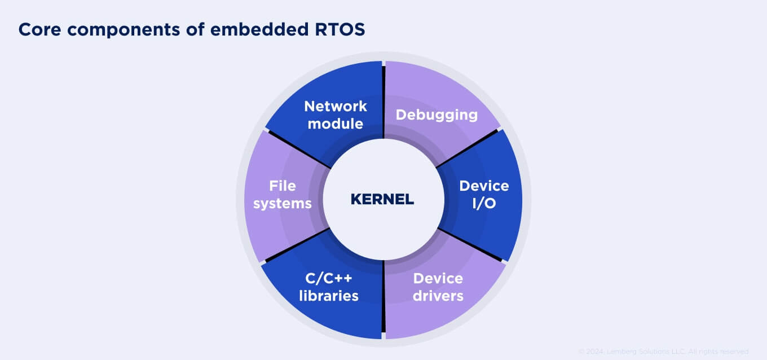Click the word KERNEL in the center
pos(382,199)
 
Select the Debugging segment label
pos(437,115)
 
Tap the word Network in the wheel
pos(335,106)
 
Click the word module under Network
pos(335,124)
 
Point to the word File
pos(282,186)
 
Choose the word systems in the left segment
pos(282,204)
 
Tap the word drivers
pos(438,296)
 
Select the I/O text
pos(483,204)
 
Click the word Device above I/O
pos(483,186)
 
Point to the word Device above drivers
pos(438,278)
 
